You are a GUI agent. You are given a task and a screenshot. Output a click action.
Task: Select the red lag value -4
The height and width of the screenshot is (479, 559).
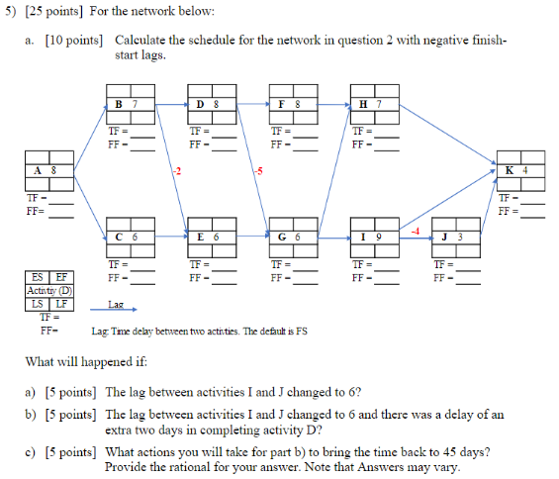(417, 230)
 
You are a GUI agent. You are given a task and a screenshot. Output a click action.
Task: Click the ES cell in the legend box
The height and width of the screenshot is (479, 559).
(37, 279)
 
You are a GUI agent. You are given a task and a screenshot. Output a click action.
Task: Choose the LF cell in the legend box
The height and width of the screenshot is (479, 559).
(60, 303)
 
